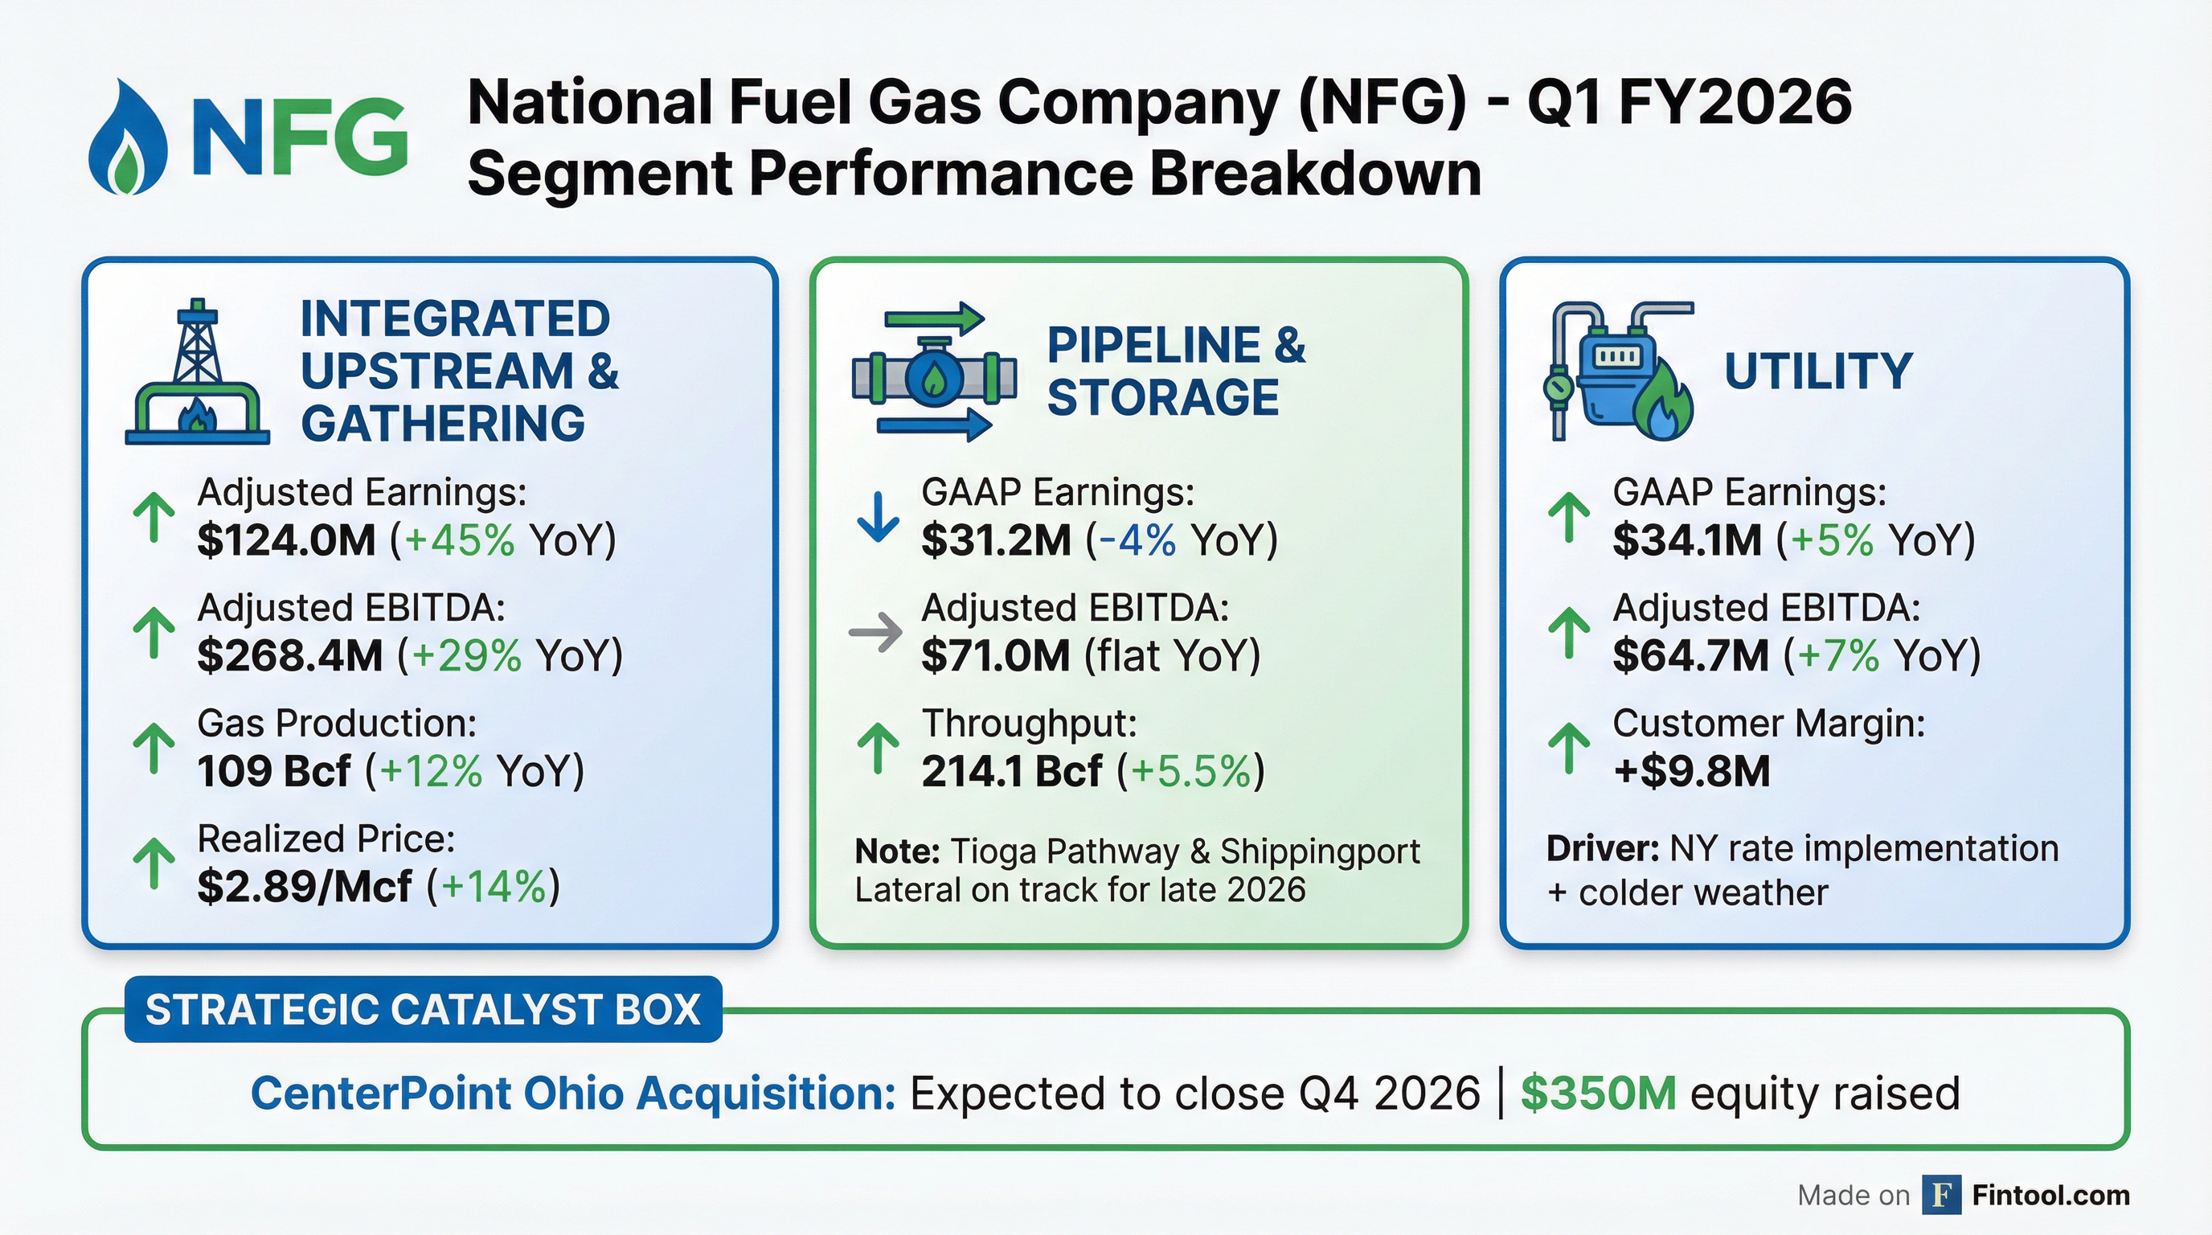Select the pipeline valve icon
(934, 373)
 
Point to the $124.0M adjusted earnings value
(286, 540)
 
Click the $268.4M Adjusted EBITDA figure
(289, 655)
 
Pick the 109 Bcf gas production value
(273, 770)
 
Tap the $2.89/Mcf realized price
(304, 886)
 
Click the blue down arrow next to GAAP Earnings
(878, 517)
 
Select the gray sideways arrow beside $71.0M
(875, 633)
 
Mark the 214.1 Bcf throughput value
(1010, 770)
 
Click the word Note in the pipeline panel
(896, 851)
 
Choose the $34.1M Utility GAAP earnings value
(1686, 540)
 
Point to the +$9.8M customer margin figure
(1692, 770)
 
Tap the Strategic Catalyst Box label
(423, 1009)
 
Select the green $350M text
(1597, 1093)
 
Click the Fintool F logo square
(1940, 1195)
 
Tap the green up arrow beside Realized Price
(154, 863)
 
